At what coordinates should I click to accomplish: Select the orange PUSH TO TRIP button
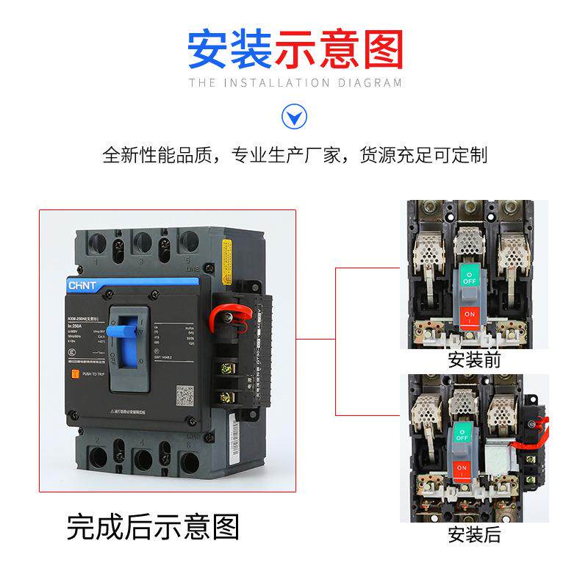pos(74,373)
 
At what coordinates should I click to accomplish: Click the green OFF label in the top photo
pos(469,276)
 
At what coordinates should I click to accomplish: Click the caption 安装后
pos(473,534)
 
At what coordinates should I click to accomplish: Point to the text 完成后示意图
pos(153,526)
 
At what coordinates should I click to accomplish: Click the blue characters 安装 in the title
pos(230,49)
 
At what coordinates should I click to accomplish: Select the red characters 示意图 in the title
pos(339,49)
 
